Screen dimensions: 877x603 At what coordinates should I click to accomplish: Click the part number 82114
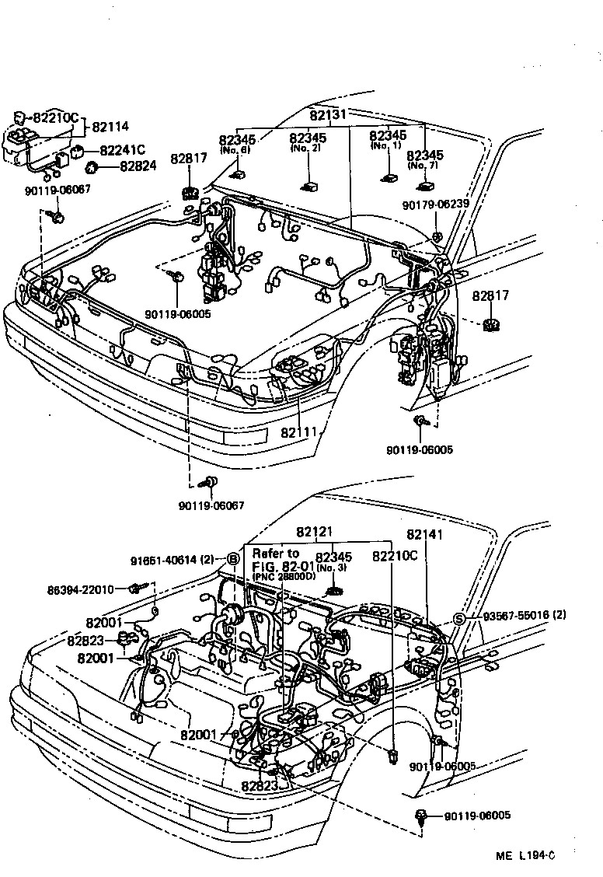[110, 127]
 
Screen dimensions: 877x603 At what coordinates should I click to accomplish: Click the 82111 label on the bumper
[299, 432]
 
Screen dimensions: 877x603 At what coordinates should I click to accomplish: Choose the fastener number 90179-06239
[436, 204]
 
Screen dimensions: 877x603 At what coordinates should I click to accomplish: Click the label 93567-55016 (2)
[525, 615]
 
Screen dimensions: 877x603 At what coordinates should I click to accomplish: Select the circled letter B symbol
[232, 558]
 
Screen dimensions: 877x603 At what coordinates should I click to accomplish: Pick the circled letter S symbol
[458, 619]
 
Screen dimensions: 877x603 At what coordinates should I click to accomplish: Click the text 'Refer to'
[276, 554]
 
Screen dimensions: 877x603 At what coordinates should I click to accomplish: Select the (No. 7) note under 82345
[424, 165]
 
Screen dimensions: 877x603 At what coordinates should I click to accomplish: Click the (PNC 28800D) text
[284, 576]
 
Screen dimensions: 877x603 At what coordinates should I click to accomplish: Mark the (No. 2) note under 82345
[308, 148]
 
